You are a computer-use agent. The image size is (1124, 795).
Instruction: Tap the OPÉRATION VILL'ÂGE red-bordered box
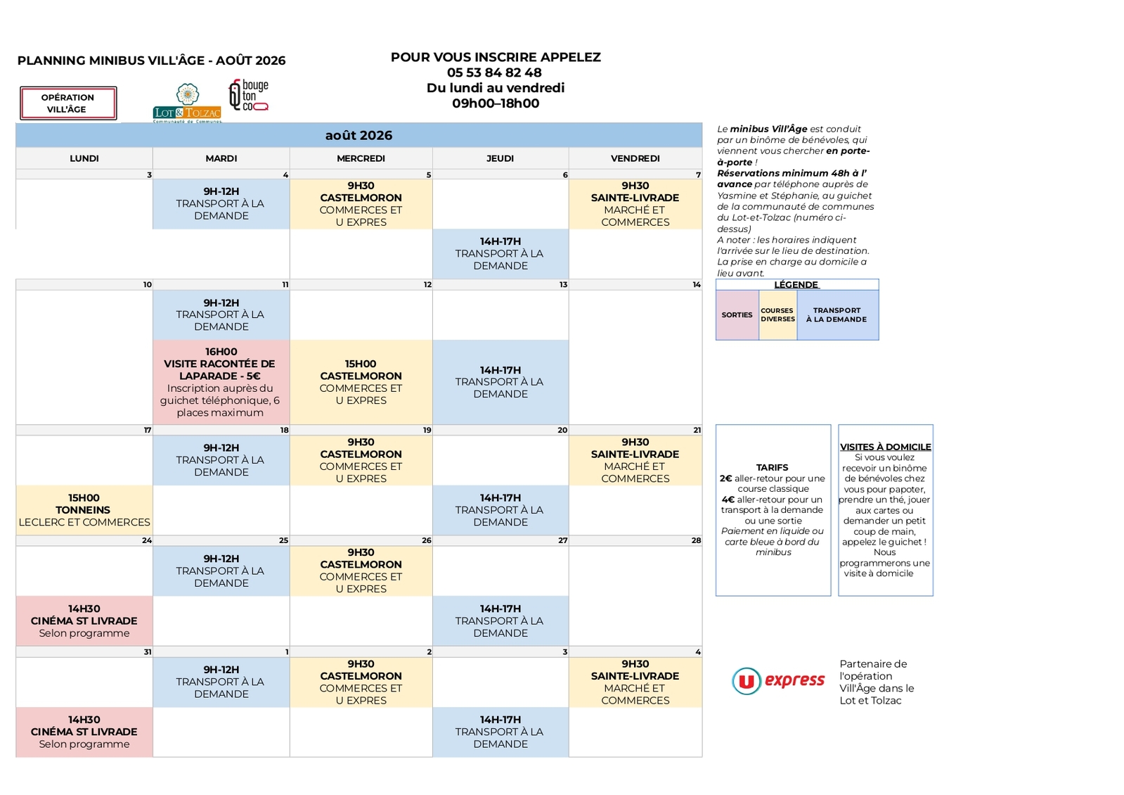coord(68,103)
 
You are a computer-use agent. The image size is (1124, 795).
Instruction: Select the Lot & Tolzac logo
coord(187,103)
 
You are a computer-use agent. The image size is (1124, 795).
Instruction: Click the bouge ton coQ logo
coord(249,95)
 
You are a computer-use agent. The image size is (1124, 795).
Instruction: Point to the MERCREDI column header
coord(361,159)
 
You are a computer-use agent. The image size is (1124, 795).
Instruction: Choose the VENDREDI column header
coord(635,159)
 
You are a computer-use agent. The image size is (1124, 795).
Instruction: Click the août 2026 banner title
coord(358,136)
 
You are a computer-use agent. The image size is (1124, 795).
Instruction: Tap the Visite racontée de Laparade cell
coord(221,382)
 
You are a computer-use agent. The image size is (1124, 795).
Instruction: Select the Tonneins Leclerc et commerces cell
coord(84,510)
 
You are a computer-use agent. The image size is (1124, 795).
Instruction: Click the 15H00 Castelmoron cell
coord(361,382)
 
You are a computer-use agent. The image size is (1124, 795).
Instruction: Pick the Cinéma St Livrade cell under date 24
coord(84,621)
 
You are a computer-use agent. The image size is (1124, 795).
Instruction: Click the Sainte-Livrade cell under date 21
coord(635,461)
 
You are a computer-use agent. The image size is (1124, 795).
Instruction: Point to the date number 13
coord(564,285)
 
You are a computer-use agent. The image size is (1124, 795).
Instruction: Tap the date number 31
coord(148,652)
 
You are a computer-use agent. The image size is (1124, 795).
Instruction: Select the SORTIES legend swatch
coord(737,315)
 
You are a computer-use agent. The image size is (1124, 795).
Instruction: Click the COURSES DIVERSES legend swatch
coord(777,315)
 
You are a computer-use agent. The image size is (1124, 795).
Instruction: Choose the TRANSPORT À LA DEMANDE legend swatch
coord(837,315)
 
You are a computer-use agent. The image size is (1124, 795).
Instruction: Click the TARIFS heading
coord(773,468)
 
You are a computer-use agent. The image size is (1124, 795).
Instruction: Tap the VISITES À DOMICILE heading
coord(886,447)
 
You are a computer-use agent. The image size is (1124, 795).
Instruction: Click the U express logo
coord(777,681)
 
